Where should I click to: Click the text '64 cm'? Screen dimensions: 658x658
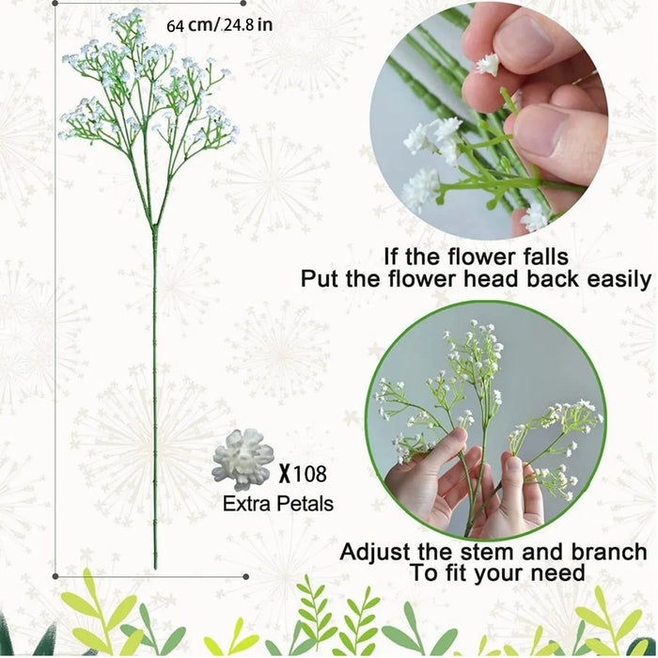(189, 24)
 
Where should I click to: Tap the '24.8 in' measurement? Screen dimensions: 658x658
(246, 24)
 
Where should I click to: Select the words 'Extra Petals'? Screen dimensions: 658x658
(278, 504)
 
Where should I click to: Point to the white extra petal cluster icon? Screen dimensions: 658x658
(243, 460)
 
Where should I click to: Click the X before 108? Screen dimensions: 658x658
(283, 475)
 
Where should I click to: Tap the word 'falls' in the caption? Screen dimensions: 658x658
(542, 255)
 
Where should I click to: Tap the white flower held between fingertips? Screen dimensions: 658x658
(487, 64)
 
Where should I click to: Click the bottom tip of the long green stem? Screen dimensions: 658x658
(156, 566)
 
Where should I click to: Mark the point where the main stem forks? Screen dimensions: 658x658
(154, 227)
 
